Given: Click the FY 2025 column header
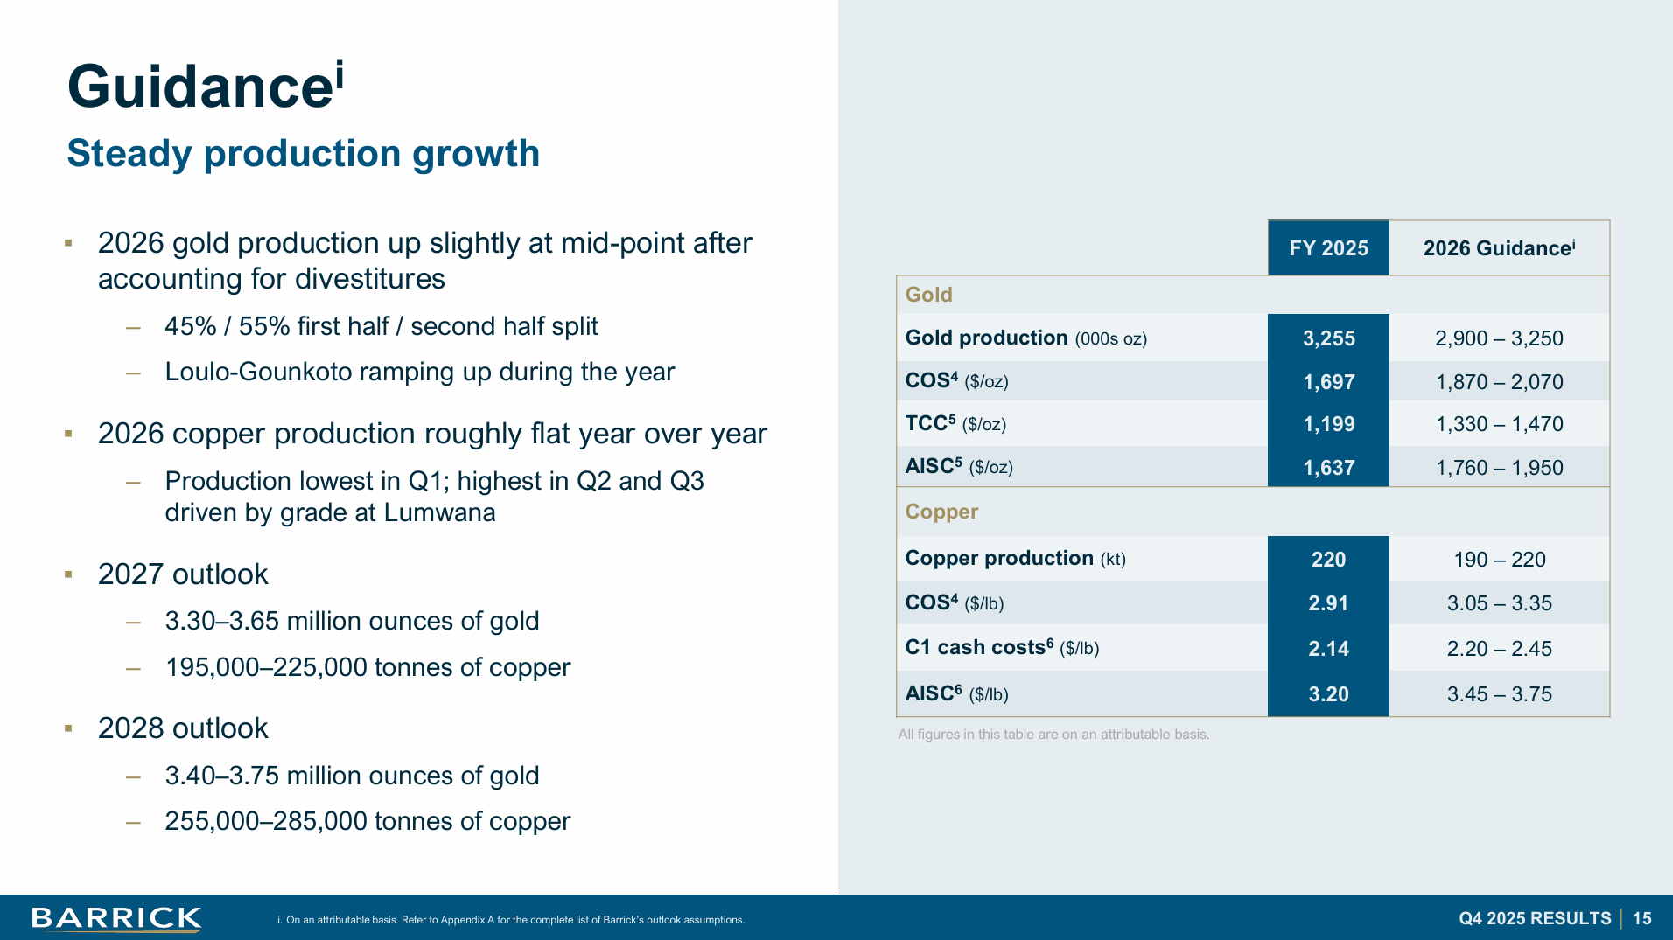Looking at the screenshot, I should tap(1328, 248).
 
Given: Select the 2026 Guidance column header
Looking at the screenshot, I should tap(1499, 248).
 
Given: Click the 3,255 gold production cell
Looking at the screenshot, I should tap(1328, 338).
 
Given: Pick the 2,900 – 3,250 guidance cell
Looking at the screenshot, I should tap(1499, 338).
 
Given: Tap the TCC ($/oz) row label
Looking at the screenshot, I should tap(955, 424).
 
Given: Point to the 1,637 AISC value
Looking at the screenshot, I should tap(1328, 468).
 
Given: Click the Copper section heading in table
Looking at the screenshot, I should tap(941, 512).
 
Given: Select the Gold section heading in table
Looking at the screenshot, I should tap(928, 295).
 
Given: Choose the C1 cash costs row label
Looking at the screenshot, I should tap(1002, 648).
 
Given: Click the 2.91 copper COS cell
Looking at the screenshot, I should tap(1328, 603).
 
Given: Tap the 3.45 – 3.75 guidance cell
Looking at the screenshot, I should tap(1499, 694).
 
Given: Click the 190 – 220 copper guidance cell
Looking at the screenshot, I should tap(1499, 560).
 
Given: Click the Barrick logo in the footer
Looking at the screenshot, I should tap(116, 918).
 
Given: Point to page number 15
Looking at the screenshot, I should tap(1641, 918).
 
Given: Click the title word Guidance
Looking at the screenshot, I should tap(200, 87).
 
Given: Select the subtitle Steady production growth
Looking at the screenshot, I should tap(303, 154).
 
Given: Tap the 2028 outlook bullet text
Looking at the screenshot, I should tap(183, 728).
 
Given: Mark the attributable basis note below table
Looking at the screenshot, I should tap(1053, 735).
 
